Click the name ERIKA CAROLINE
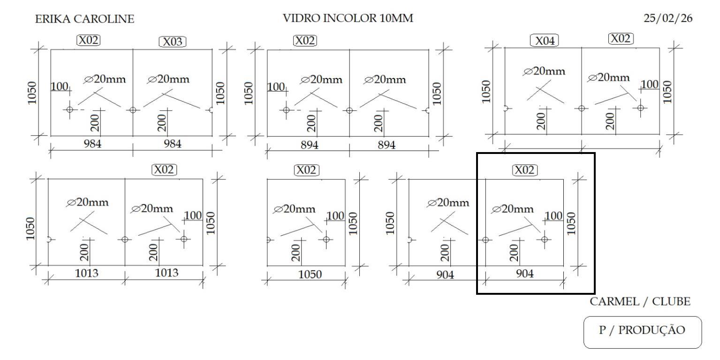pyautogui.click(x=84, y=19)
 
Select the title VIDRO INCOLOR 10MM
pyautogui.click(x=348, y=19)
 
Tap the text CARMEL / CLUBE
pyautogui.click(x=640, y=302)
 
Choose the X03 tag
pyautogui.click(x=173, y=42)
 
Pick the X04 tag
pyautogui.click(x=544, y=41)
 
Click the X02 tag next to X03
pyautogui.click(x=89, y=40)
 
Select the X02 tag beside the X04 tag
pyautogui.click(x=621, y=38)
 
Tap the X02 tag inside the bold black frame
pyautogui.click(x=524, y=170)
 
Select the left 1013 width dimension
pyautogui.click(x=87, y=273)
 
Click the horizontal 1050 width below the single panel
pyautogui.click(x=307, y=275)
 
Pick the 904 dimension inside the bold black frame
pyautogui.click(x=524, y=275)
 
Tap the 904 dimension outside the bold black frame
pyautogui.click(x=445, y=275)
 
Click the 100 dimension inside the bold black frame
pyautogui.click(x=554, y=216)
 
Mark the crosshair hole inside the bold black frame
pyautogui.click(x=544, y=239)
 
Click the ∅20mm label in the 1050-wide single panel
pyautogui.click(x=295, y=209)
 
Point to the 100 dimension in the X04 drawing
pyautogui.click(x=650, y=84)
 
